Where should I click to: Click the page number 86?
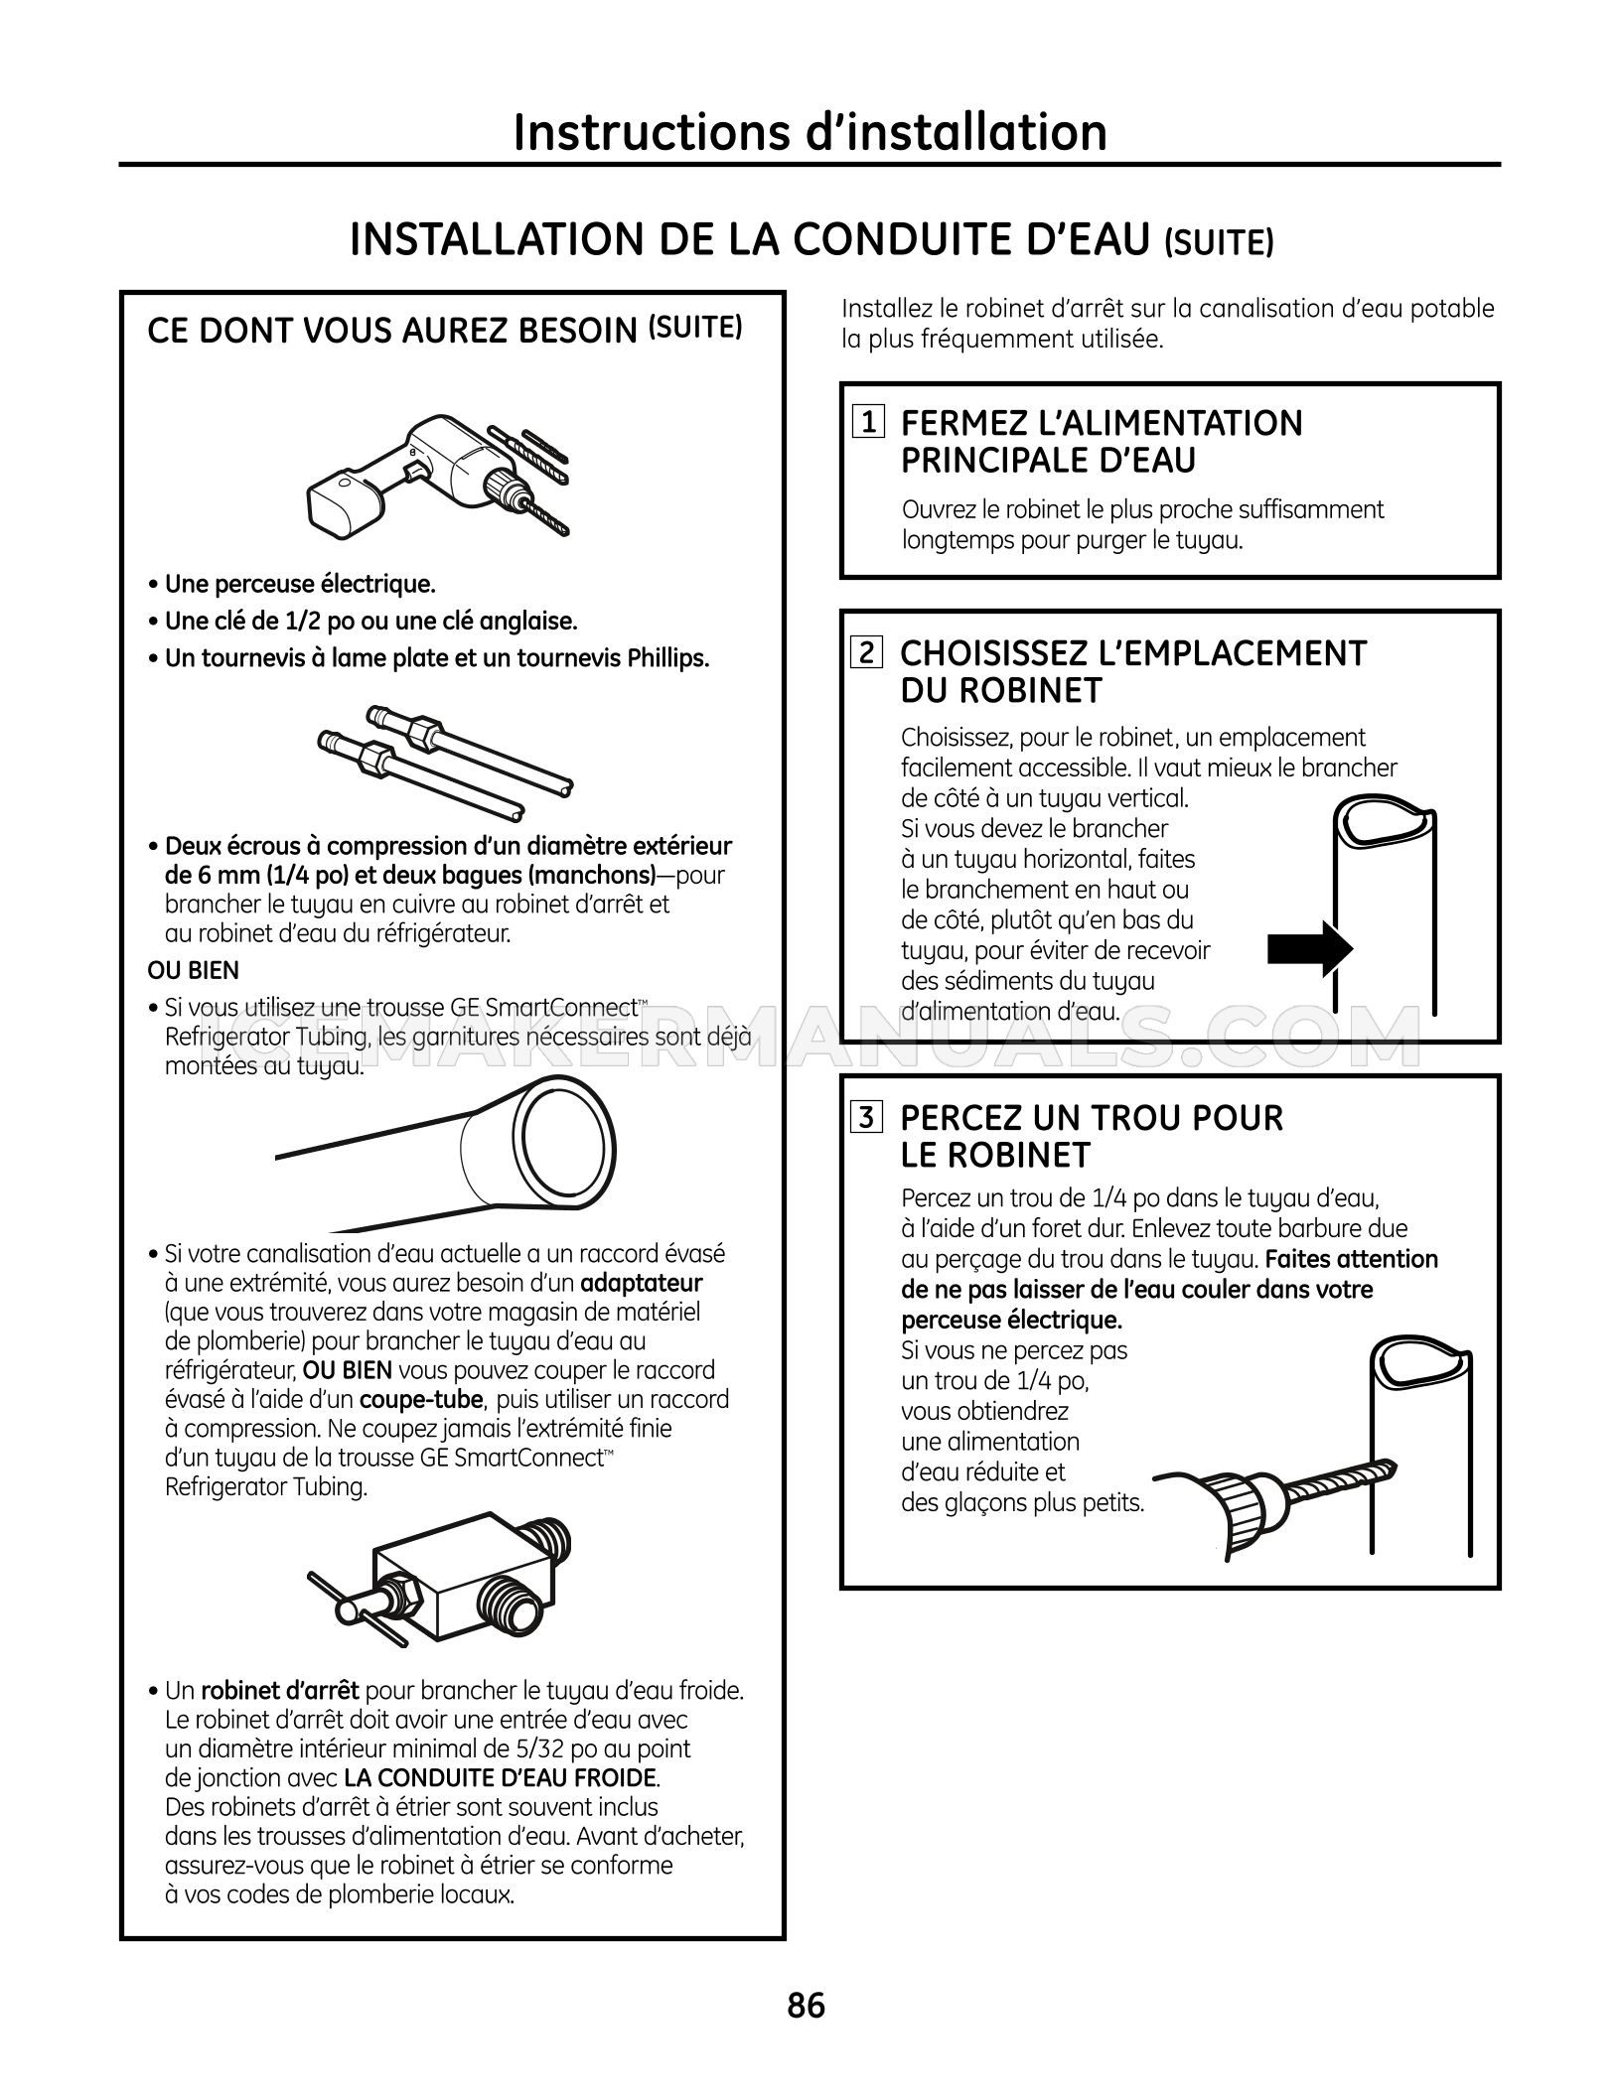(x=807, y=2007)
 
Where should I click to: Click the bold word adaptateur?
(x=642, y=1282)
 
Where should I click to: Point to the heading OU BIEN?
(x=194, y=970)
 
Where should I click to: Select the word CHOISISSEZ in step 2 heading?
(x=993, y=653)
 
